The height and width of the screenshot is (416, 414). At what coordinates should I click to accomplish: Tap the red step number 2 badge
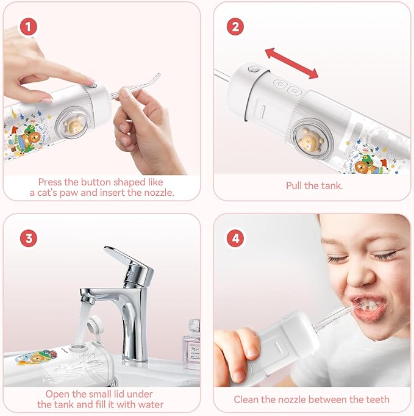point(236,27)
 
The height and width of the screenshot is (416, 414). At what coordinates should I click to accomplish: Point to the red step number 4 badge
point(236,238)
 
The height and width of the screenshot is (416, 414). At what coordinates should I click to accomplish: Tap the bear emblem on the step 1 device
point(74,125)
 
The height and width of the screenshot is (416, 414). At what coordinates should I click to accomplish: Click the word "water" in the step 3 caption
point(150,404)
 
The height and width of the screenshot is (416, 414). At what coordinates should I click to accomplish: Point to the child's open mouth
point(366,306)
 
